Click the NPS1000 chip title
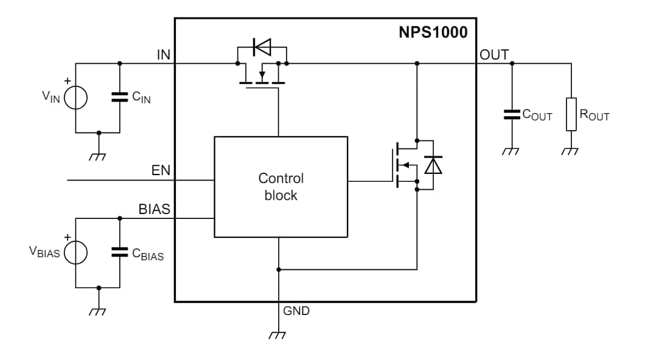coord(433,32)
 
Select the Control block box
coord(280,187)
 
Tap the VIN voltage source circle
coord(75,97)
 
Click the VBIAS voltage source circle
coord(75,252)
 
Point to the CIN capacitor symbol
coord(119,97)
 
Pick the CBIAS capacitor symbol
coord(119,252)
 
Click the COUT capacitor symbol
coord(511,114)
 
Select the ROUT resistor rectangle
coord(571,114)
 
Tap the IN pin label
coord(163,55)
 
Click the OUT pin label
coord(494,55)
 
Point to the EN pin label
coord(161,171)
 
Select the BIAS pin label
coord(154,210)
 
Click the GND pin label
coord(296,311)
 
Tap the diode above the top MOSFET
coord(262,47)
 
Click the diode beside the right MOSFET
coord(433,165)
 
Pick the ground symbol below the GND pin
coord(278,334)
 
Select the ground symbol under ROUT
coord(571,151)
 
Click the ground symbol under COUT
coord(511,151)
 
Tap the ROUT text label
coord(594,116)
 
